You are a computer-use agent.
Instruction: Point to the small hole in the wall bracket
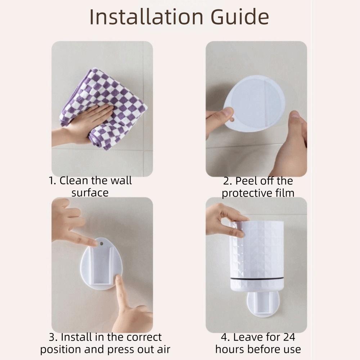[101, 244]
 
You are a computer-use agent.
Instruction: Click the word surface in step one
[90, 193]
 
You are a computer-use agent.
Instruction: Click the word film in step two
[285, 193]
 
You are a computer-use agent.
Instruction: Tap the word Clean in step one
[74, 180]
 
